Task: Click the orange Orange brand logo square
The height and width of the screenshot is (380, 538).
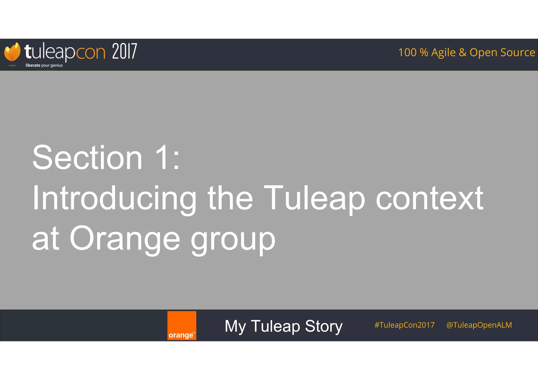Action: coord(182,325)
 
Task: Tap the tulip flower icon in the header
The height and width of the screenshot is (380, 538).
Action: coord(12,52)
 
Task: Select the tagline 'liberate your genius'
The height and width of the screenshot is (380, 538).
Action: coord(44,65)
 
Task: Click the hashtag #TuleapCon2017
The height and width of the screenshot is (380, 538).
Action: coord(405,325)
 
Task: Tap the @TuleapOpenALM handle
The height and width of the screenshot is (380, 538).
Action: coord(479,325)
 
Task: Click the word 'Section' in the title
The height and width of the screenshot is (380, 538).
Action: coord(87,158)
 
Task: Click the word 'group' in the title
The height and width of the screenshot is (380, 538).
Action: coord(233,240)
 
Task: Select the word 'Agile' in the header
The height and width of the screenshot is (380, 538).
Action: coord(443,53)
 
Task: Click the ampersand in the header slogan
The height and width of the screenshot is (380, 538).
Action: coord(463,53)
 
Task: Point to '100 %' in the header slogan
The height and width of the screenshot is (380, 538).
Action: coord(413,53)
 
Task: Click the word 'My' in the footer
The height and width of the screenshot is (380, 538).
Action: coord(235,326)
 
